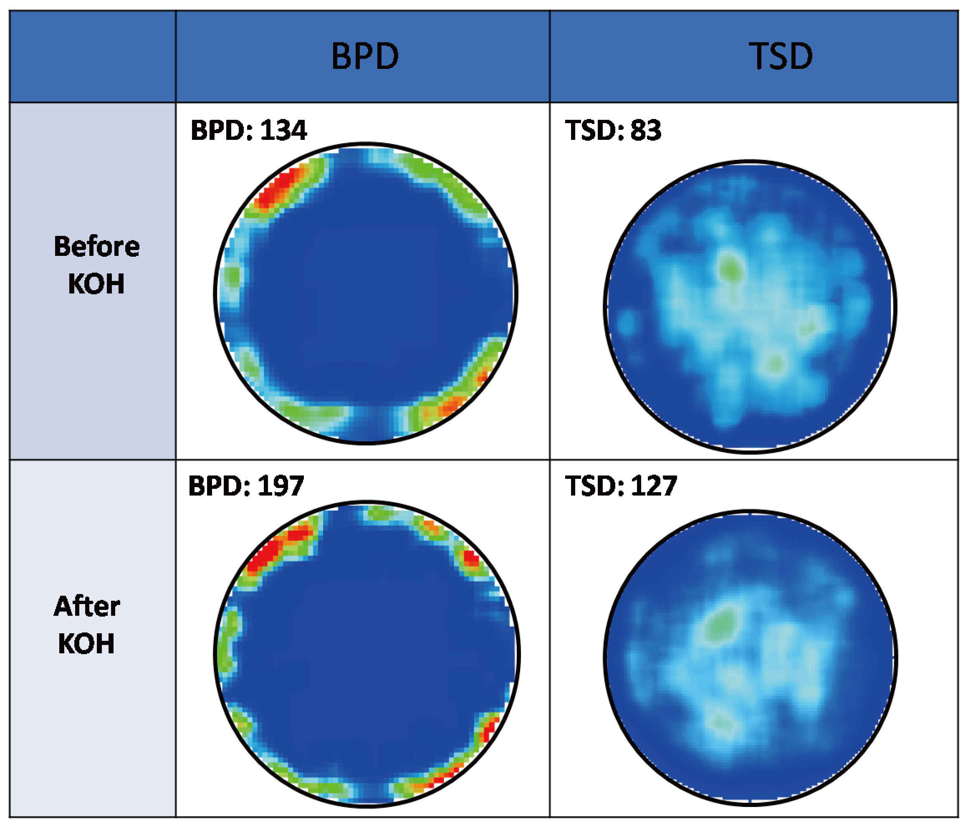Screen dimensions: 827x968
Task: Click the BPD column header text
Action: point(365,56)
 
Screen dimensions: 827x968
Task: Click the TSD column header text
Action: point(781,56)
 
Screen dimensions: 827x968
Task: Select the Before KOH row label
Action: point(96,265)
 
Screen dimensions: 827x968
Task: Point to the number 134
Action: point(283,130)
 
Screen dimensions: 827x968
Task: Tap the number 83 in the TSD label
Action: point(646,130)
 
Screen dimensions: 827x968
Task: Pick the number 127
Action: point(653,486)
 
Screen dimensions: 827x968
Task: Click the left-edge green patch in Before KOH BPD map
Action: point(232,277)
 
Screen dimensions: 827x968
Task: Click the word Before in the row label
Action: point(96,246)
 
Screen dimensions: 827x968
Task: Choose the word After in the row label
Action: point(87,607)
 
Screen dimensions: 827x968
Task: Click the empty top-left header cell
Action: point(93,56)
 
